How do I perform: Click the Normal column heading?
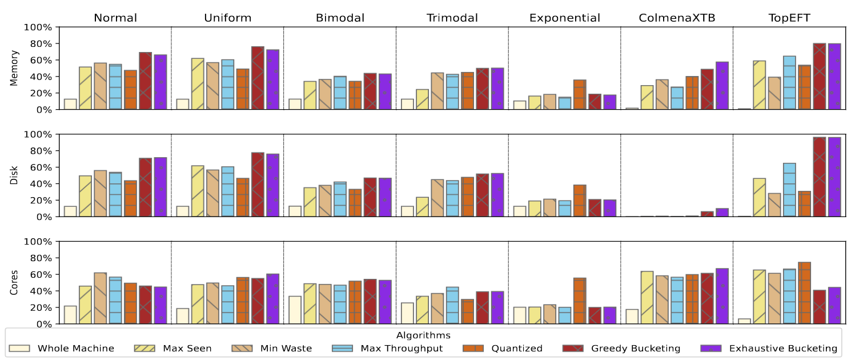click(115, 18)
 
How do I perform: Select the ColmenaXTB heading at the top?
click(677, 18)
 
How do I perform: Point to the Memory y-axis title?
click(14, 68)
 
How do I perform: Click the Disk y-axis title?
click(14, 175)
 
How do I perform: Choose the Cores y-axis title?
click(14, 282)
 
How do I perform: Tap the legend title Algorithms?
click(423, 335)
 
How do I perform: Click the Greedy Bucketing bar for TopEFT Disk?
click(820, 177)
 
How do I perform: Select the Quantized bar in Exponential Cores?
click(580, 301)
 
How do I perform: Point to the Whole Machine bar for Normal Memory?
click(70, 104)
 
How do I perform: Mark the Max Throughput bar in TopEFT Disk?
click(789, 190)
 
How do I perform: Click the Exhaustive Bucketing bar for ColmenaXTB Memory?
click(722, 86)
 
